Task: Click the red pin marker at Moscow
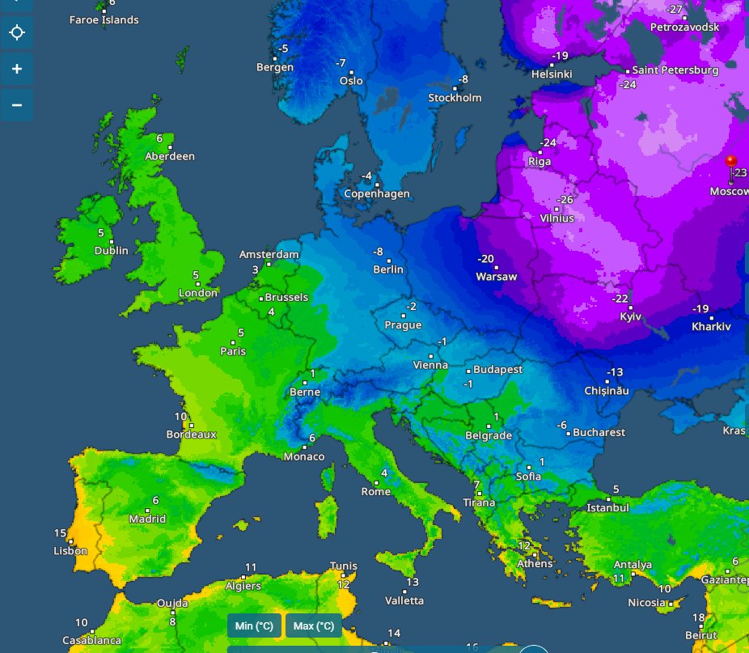[x=732, y=162]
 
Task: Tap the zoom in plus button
[x=17, y=69]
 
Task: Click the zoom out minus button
[x=17, y=104]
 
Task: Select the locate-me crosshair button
[x=17, y=33]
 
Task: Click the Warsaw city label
[x=496, y=277]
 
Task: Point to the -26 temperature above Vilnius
[x=565, y=200]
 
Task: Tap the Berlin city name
[x=387, y=269]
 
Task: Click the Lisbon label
[x=70, y=551]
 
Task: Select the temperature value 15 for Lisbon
[x=60, y=533]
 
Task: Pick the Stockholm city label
[x=455, y=98]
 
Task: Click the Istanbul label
[x=607, y=508]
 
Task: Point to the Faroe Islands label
[x=104, y=19]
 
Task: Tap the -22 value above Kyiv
[x=620, y=299]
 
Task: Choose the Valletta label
[x=404, y=600]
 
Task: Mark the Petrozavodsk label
[x=684, y=27]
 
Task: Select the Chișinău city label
[x=606, y=391]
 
